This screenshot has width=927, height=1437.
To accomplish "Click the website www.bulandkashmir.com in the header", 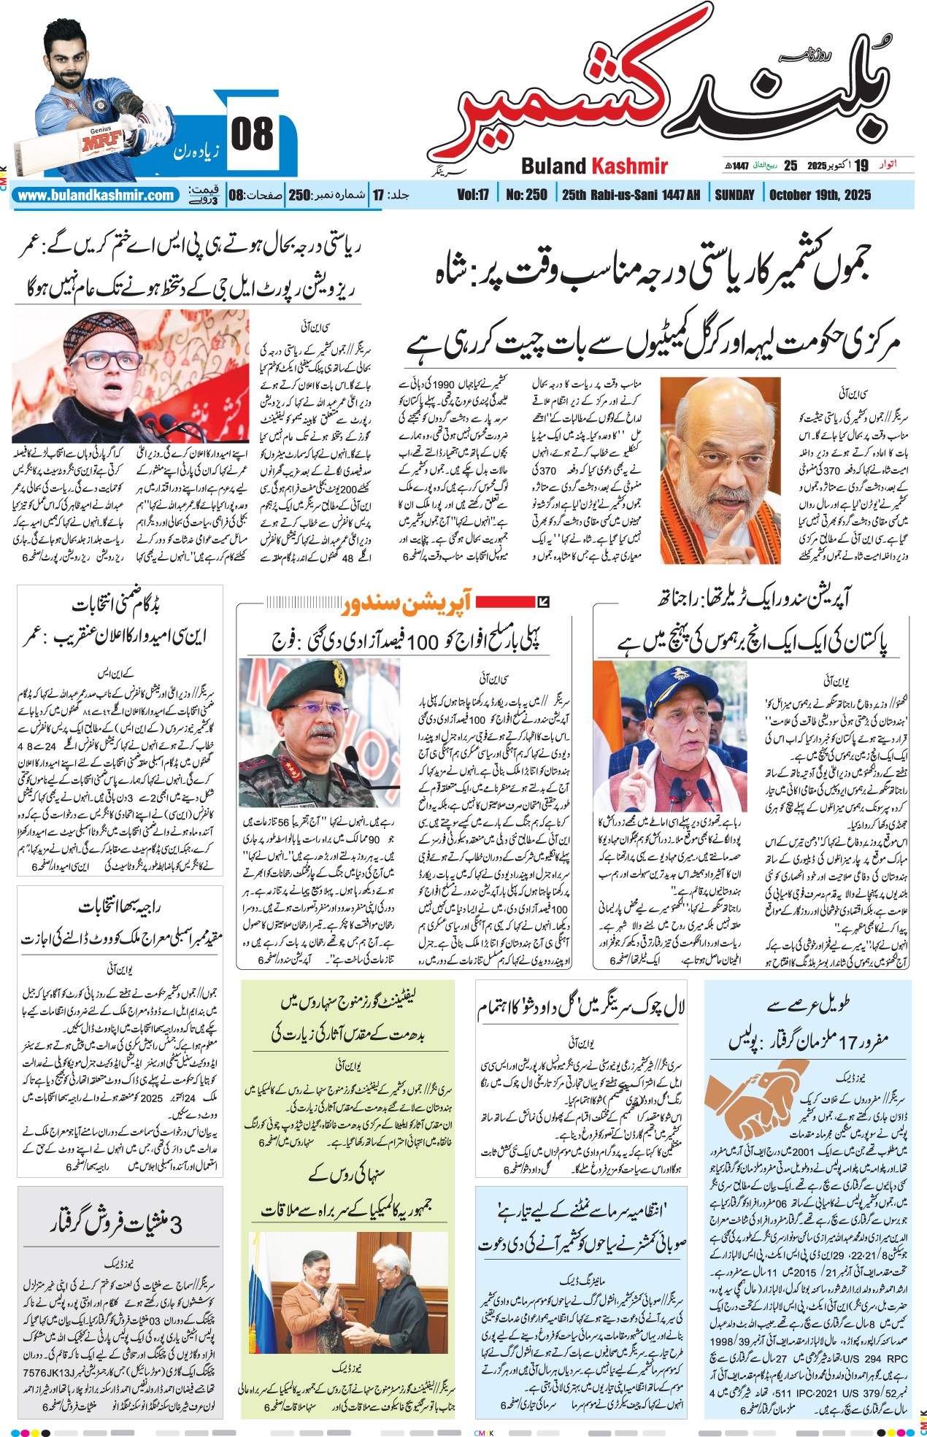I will point(96,196).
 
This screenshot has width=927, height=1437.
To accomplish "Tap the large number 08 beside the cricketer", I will point(252,135).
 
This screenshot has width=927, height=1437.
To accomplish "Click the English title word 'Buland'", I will point(554,166).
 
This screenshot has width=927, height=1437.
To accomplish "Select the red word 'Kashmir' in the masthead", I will point(630,166).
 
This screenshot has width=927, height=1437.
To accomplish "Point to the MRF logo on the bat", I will point(101,141).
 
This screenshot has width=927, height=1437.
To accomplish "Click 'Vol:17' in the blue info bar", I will point(473,195).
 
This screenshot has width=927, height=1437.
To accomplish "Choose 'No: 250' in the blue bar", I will point(526,195).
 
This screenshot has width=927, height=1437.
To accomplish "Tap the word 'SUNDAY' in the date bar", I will point(734,195).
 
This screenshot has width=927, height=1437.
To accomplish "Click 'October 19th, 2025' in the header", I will point(820,195).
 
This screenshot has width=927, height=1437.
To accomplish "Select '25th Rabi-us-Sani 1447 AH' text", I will point(631,195).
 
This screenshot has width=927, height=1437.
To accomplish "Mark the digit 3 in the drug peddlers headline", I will point(176,1224).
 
